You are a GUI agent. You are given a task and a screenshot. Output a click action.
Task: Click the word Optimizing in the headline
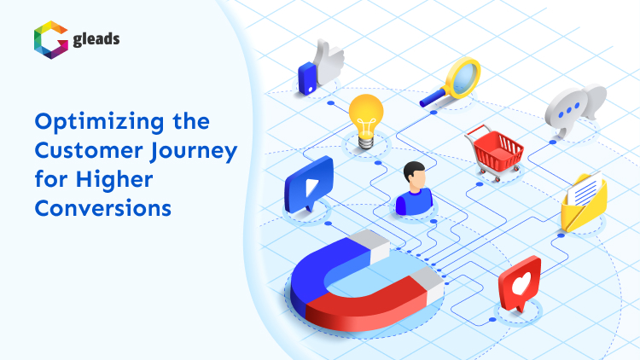pyautogui.click(x=92, y=120)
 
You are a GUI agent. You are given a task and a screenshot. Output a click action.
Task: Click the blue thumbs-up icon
pyautogui.click(x=320, y=67)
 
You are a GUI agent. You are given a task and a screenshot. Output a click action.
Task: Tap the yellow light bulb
pyautogui.click(x=366, y=114)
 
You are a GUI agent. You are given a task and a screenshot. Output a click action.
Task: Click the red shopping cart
pyautogui.click(x=497, y=152)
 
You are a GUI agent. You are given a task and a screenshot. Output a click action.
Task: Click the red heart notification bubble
pyautogui.click(x=520, y=285)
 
